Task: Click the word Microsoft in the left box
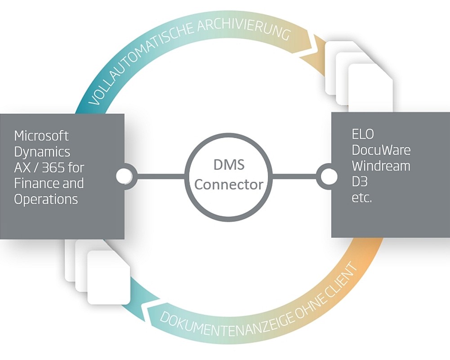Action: click(41, 135)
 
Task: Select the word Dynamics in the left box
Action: click(42, 151)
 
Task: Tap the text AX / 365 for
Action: click(49, 167)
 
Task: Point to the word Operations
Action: click(46, 199)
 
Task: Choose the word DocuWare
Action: click(381, 150)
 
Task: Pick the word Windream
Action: click(381, 166)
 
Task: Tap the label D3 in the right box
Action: click(359, 182)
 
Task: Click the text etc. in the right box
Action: click(362, 198)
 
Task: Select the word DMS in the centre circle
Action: click(229, 165)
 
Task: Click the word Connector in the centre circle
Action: click(229, 184)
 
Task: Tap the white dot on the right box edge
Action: click(328, 177)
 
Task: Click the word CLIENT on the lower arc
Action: click(342, 281)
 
